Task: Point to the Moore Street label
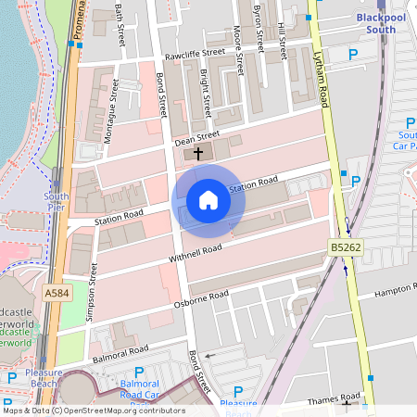point(238,62)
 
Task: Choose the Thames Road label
point(334,396)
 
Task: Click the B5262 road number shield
point(345,247)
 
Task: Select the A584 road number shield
point(57,292)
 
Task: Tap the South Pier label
point(57,202)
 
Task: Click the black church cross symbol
point(198,153)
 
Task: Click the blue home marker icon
point(208,200)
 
